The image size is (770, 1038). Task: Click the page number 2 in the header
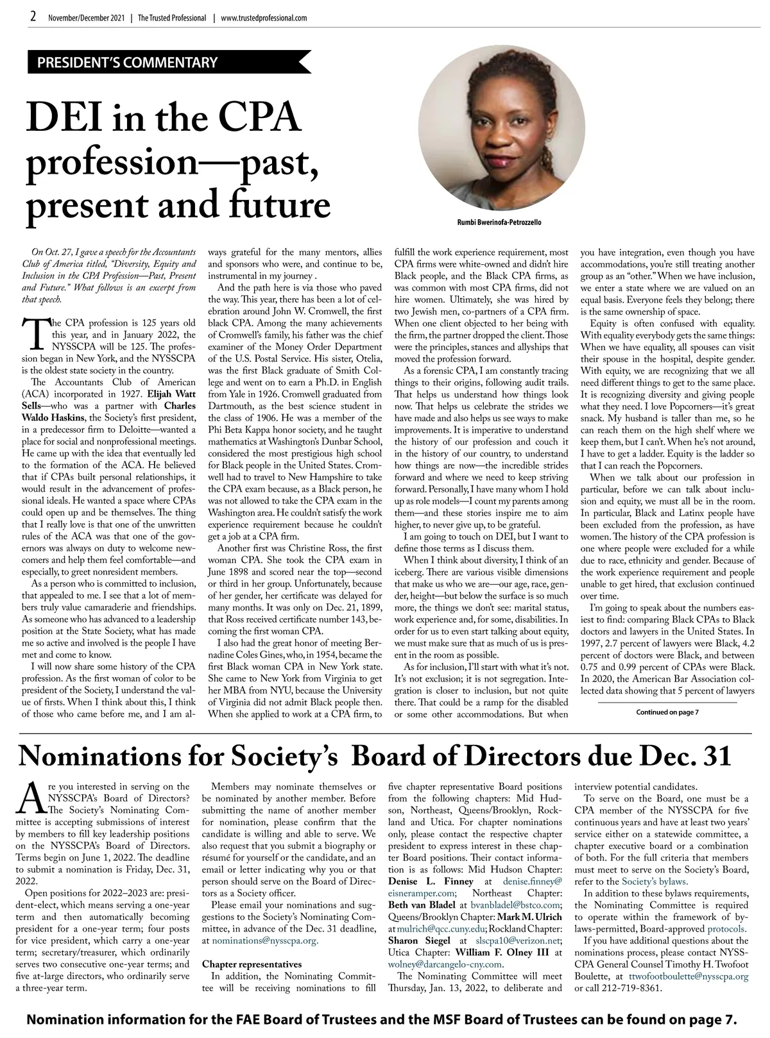33,17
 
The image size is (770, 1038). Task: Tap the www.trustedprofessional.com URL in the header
263,18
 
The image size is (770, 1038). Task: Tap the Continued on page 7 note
667,712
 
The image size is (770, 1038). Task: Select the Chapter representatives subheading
252,964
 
